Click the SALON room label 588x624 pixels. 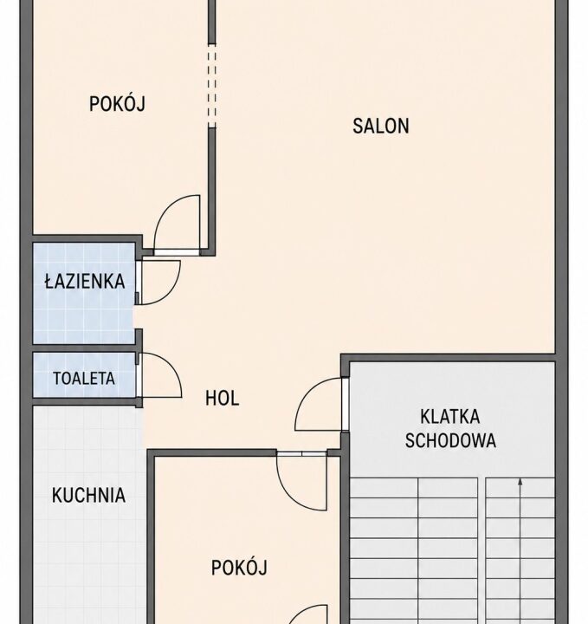381,126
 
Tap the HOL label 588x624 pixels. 223,398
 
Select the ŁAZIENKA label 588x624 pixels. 85,281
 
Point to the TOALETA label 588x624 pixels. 84,379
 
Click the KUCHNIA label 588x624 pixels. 88,496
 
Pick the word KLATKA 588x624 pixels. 450,417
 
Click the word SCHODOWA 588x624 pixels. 450,440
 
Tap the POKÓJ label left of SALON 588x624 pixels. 117,104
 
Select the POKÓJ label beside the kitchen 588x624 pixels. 239,568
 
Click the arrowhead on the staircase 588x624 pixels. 520,482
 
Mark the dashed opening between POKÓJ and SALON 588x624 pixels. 212,86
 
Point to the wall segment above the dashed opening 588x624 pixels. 212,22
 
